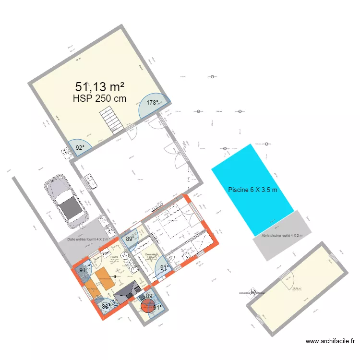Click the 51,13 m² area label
100,87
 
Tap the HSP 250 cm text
99,98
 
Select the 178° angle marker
153,102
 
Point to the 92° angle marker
80,148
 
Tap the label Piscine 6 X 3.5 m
252,190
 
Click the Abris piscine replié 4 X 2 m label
282,236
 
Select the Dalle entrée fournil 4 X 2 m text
87,239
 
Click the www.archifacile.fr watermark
331,341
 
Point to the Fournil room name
114,257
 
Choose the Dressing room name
151,255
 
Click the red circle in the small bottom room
148,305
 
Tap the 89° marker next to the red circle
150,296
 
